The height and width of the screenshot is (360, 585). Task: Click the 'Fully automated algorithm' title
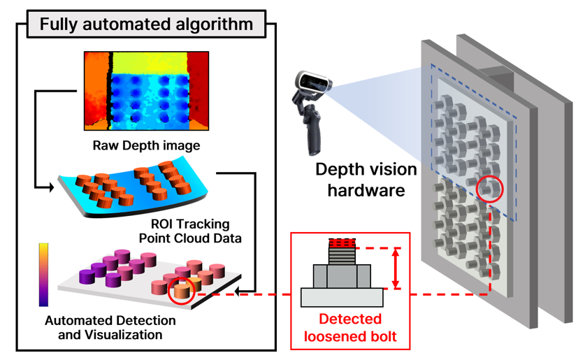[146, 24]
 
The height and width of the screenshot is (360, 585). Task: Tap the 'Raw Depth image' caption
[146, 146]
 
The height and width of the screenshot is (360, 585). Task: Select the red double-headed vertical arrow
[397, 268]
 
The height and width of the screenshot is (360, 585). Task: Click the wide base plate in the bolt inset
[342, 297]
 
